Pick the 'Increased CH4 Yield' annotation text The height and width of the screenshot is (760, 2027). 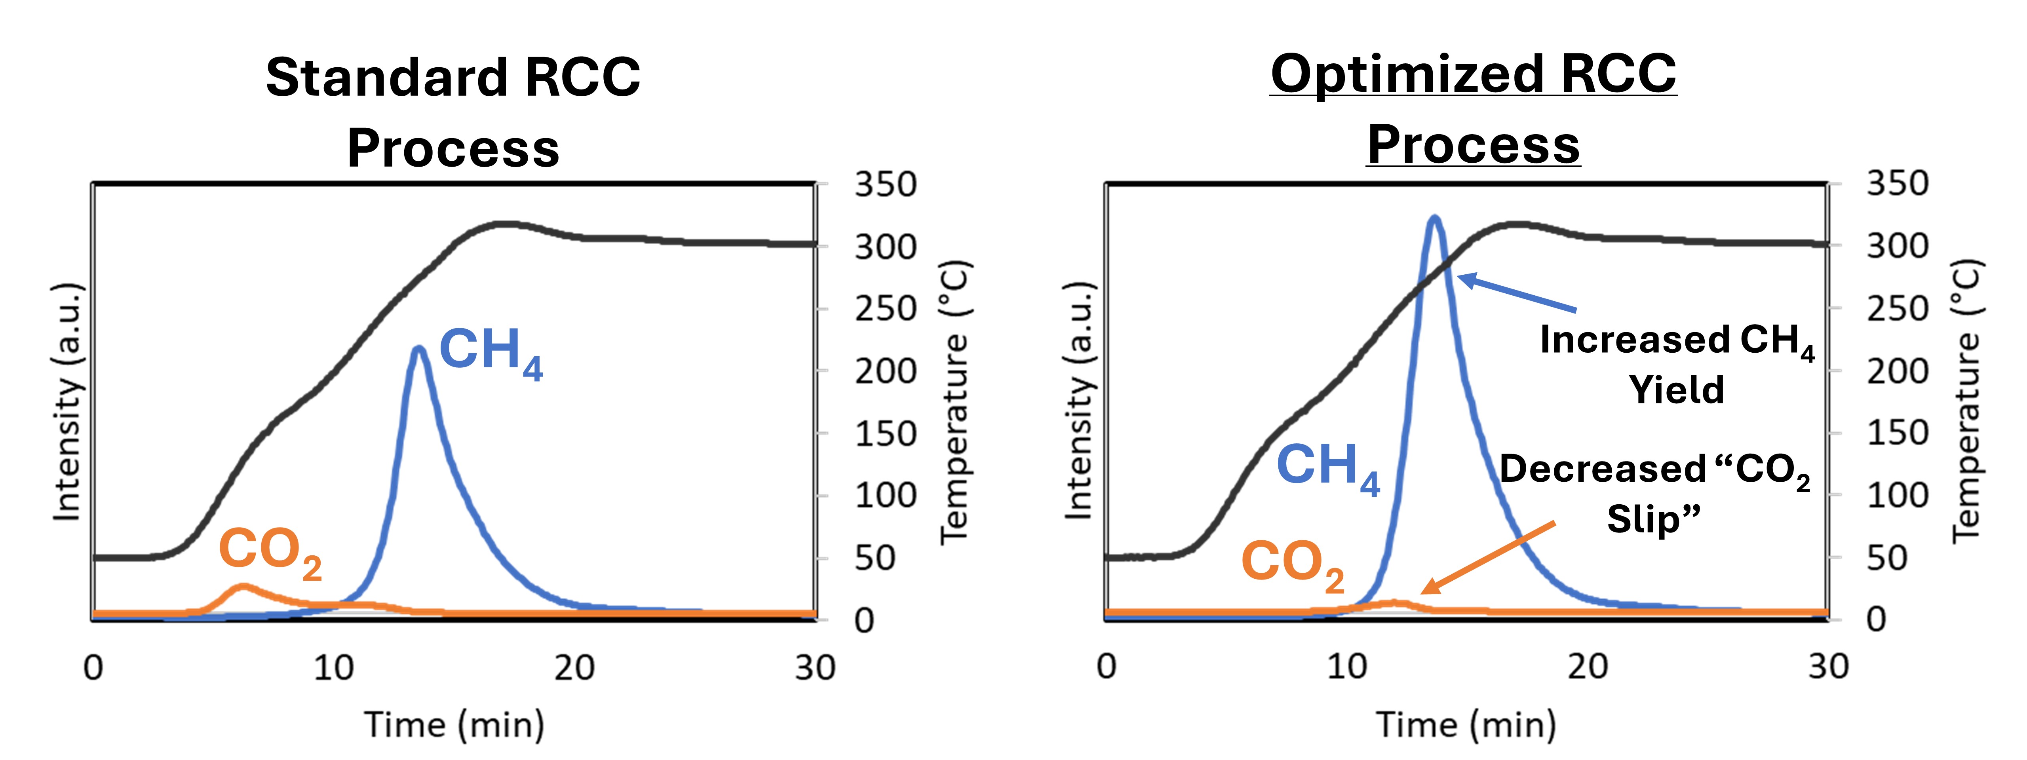click(x=1676, y=364)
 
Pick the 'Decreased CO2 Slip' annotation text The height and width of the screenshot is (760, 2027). click(x=1654, y=493)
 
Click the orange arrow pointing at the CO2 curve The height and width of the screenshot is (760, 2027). click(x=1487, y=557)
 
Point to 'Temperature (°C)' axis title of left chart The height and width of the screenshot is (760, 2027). click(x=955, y=401)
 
